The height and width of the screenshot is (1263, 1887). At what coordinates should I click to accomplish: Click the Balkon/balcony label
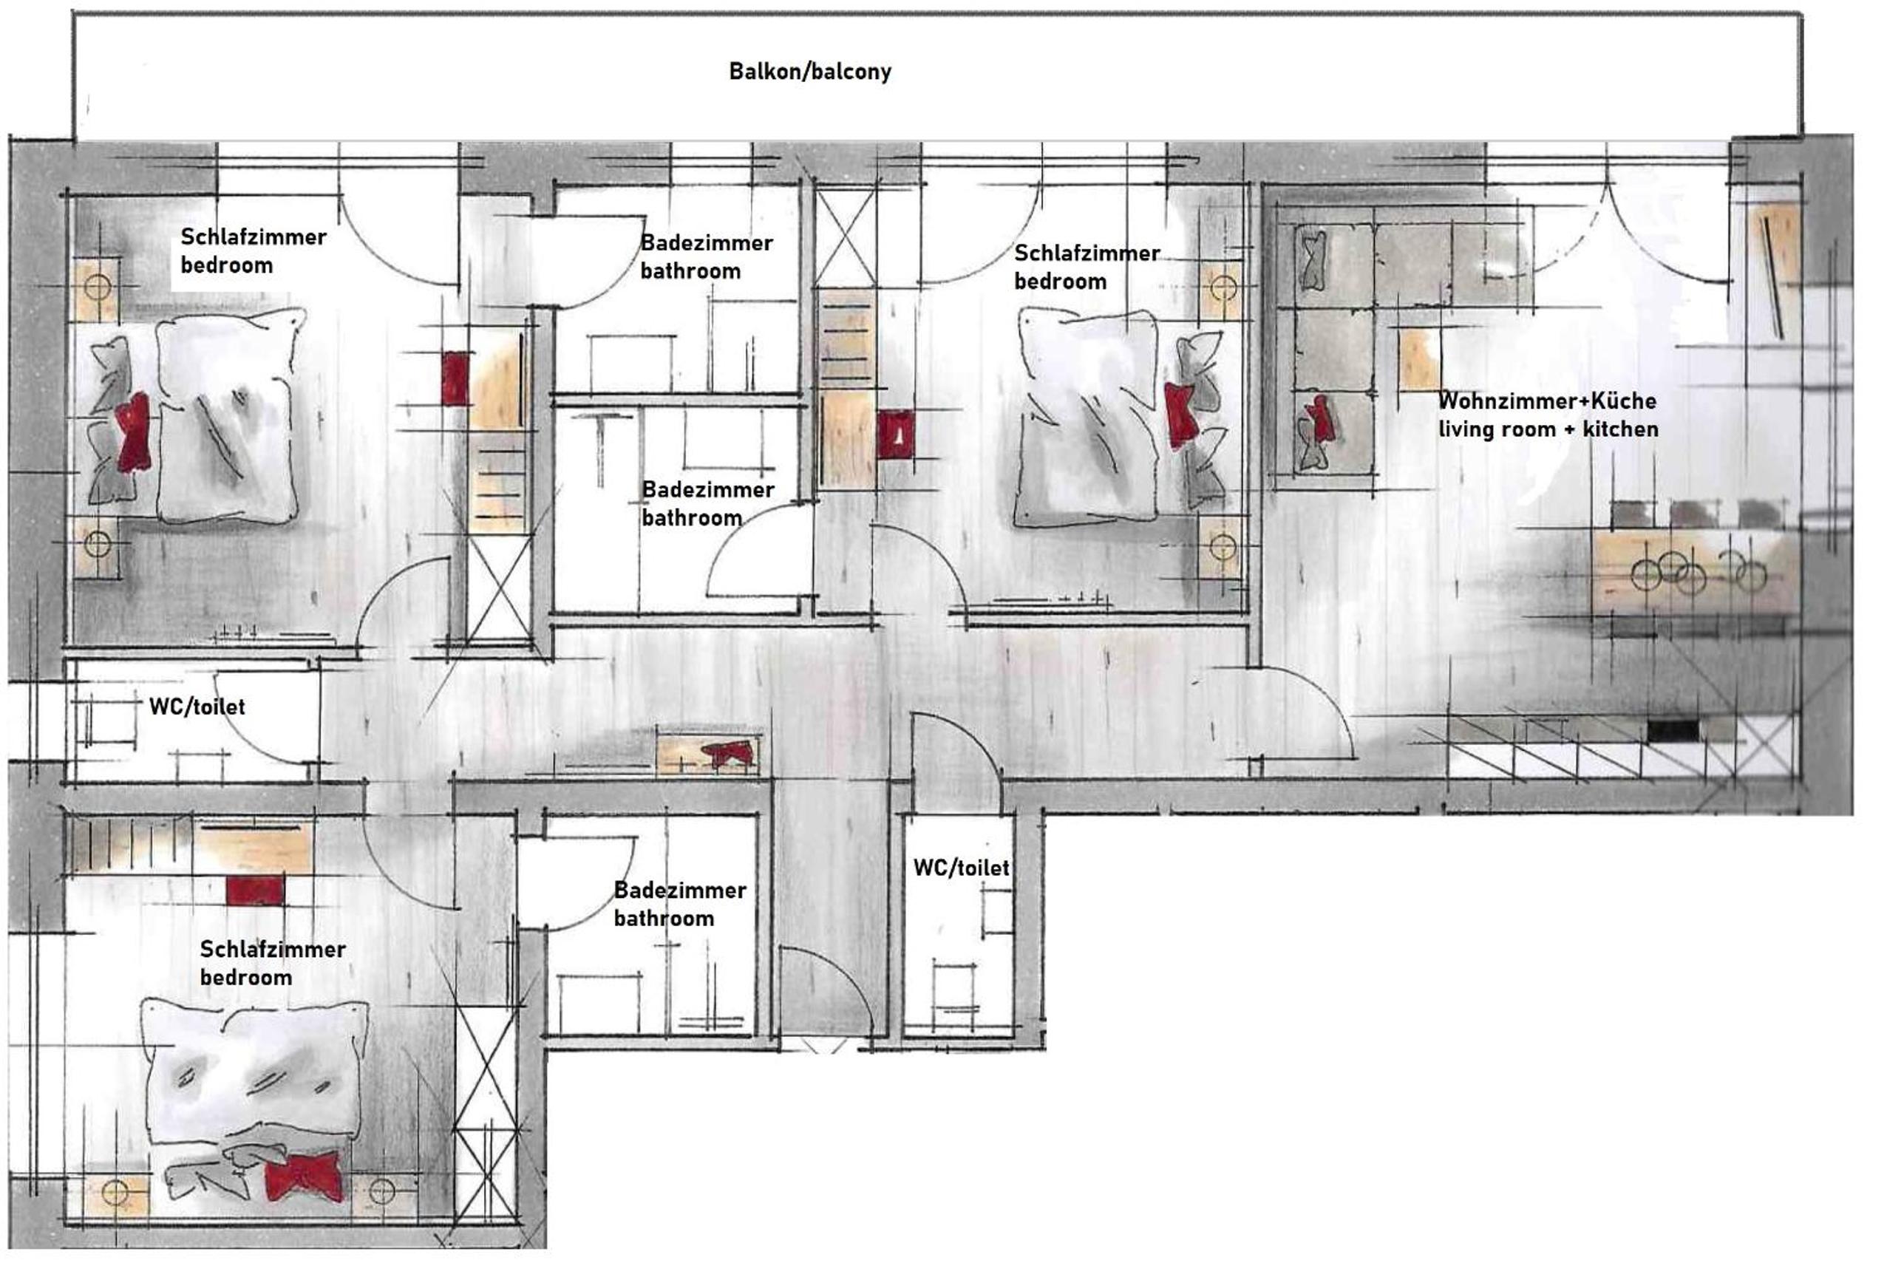point(809,72)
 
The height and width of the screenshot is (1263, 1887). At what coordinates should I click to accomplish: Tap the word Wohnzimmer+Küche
point(1547,401)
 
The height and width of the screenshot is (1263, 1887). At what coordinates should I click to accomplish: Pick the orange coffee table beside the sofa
point(1419,359)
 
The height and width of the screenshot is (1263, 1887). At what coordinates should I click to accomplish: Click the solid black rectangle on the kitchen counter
point(1673,731)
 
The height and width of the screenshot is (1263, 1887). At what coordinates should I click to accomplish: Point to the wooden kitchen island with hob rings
point(1696,573)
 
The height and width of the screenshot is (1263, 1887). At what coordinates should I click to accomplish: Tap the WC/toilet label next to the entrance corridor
point(961,868)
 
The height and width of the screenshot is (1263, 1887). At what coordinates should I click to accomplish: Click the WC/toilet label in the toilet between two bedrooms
point(197,707)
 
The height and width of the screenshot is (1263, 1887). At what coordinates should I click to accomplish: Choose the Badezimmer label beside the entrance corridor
point(680,890)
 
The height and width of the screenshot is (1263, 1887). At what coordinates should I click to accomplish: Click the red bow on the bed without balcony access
point(304,1177)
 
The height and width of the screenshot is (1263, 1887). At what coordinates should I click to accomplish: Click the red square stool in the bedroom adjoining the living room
point(896,435)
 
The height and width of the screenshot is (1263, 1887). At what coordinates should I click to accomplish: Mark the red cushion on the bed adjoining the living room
point(1180,415)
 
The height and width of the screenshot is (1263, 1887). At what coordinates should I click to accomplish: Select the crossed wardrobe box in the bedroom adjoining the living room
point(845,235)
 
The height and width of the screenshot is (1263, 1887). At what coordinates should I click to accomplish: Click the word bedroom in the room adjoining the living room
point(1060,282)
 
